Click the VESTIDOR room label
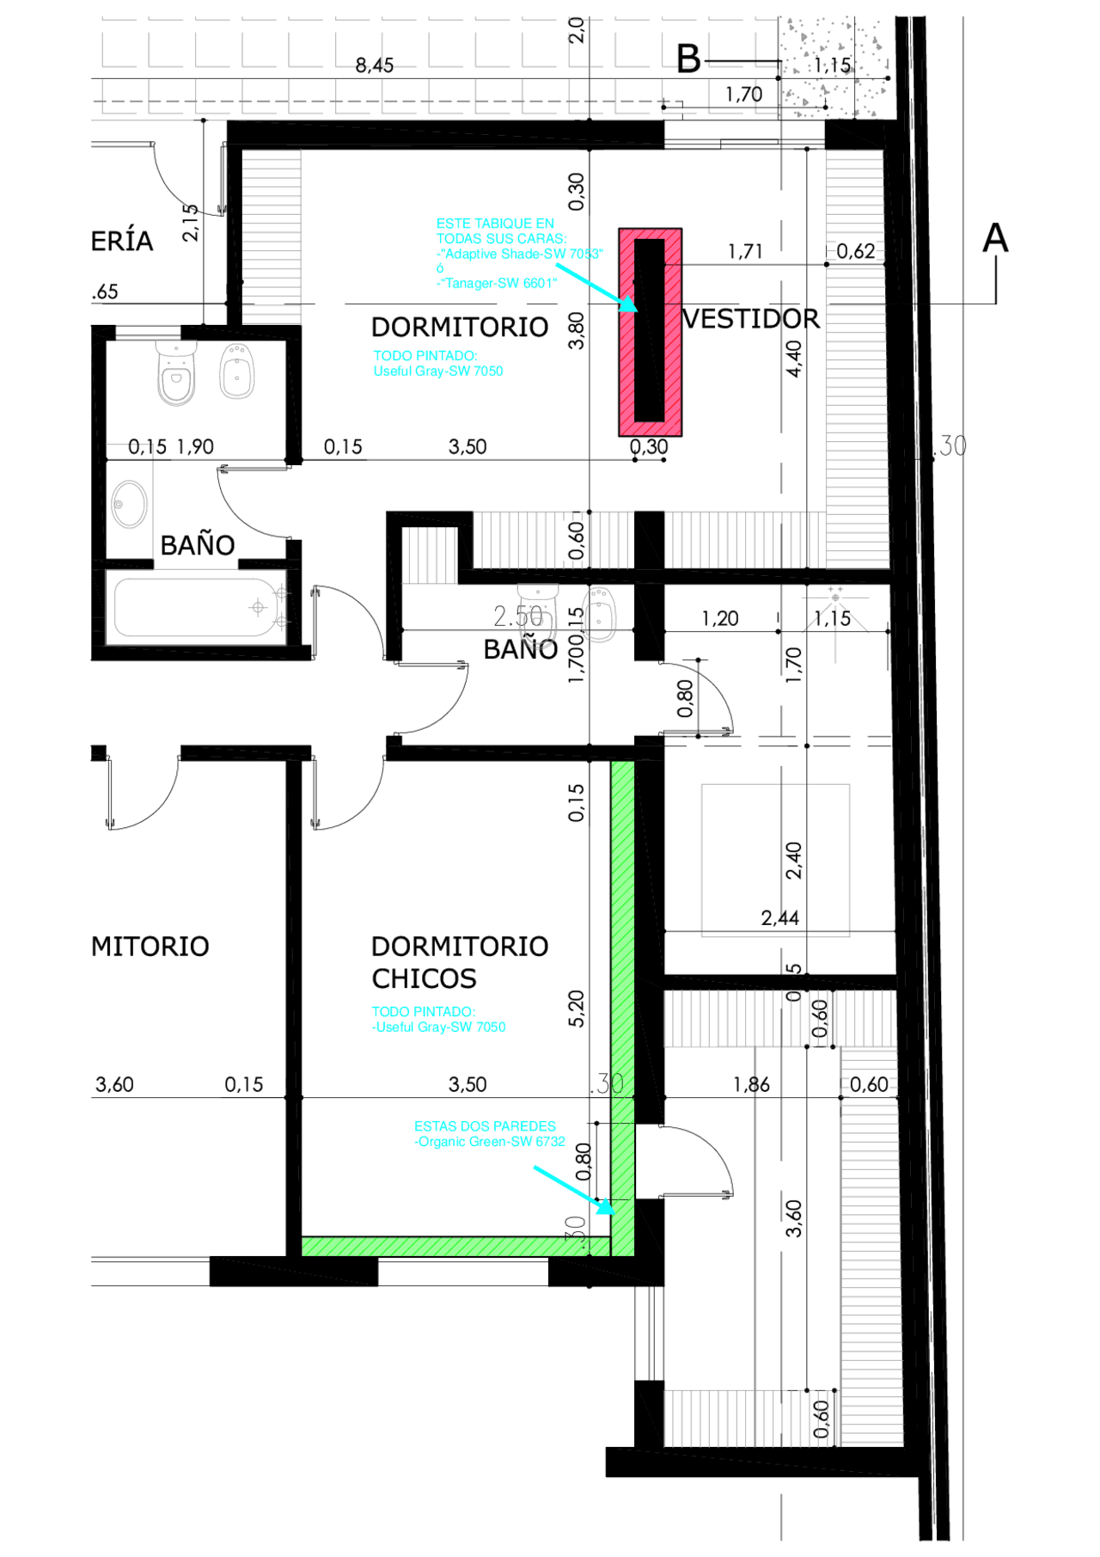(751, 319)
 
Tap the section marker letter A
(995, 238)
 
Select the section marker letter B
(688, 59)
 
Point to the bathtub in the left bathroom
(196, 607)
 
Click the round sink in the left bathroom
(130, 503)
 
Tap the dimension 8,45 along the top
(375, 65)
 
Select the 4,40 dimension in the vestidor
(794, 359)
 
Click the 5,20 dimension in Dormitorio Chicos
(576, 1008)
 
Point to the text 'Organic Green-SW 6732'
(491, 1142)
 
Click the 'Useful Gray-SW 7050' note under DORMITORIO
(438, 371)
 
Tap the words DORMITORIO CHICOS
(459, 962)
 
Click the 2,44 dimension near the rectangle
(779, 918)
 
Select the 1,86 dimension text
(751, 1085)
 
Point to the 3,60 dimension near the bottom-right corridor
(794, 1217)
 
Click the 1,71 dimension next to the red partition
(745, 252)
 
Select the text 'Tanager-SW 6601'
(498, 283)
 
